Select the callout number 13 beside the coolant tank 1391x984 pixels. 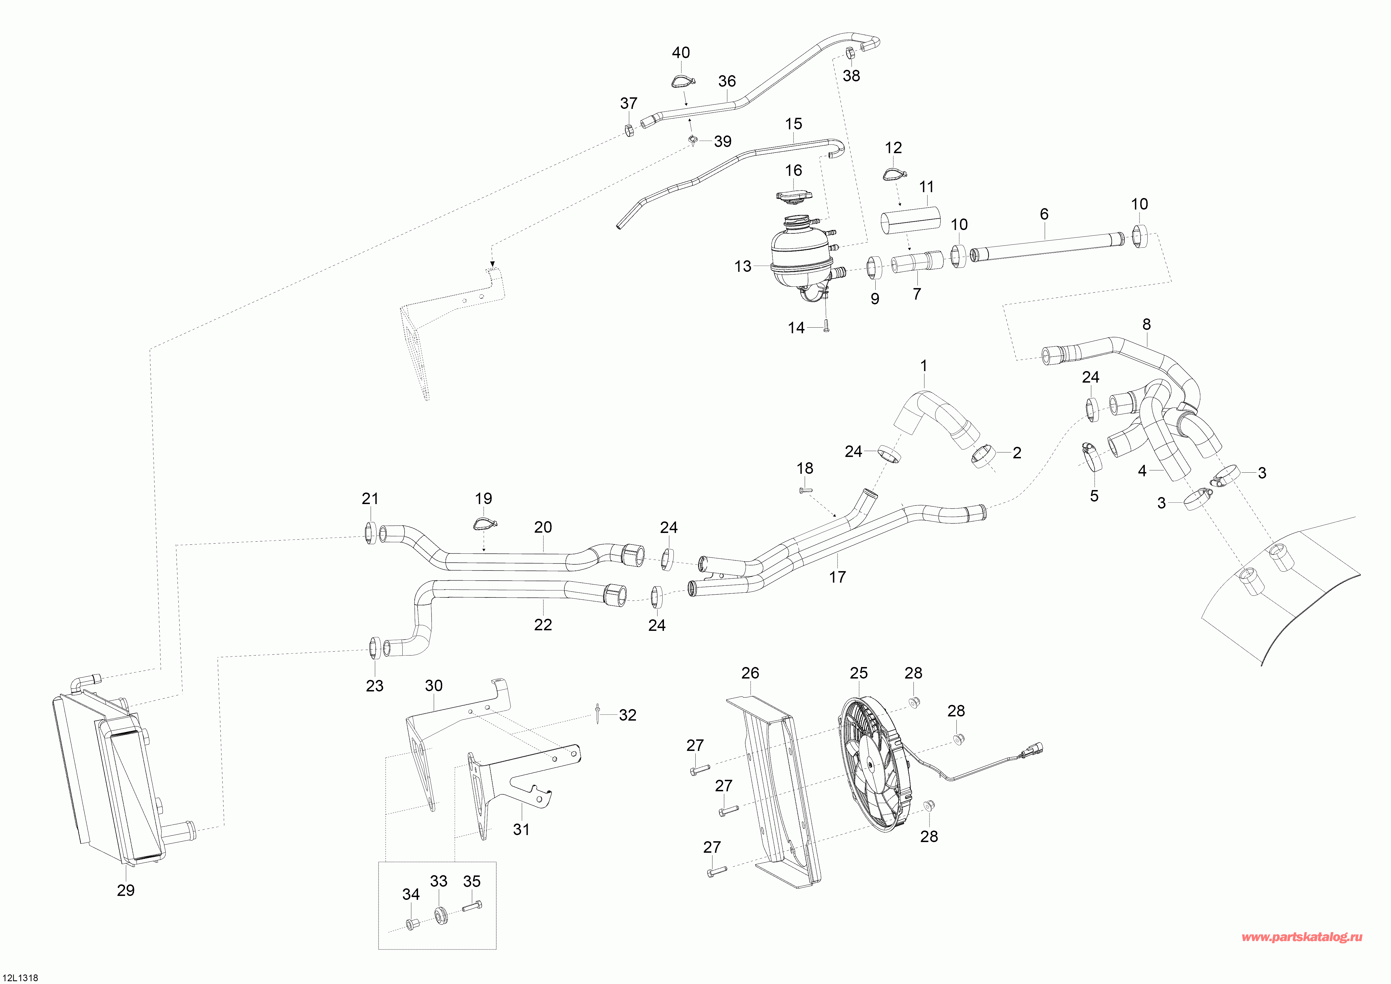point(743,266)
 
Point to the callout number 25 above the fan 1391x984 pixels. point(859,673)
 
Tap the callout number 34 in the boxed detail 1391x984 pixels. point(411,894)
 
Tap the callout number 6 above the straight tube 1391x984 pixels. point(1044,214)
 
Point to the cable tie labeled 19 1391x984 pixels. point(485,522)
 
